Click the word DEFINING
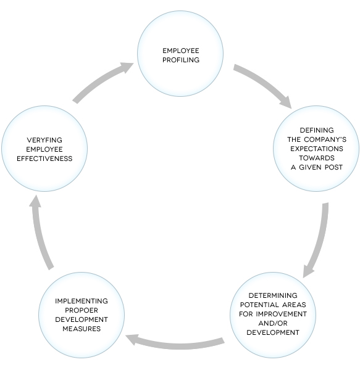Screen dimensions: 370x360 [316, 130]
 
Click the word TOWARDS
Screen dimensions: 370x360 [316, 158]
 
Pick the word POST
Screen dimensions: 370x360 [329, 167]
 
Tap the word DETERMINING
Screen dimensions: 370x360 [272, 295]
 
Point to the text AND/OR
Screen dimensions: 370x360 [272, 323]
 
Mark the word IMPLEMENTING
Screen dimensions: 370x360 [82, 301]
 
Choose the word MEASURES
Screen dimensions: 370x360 [82, 329]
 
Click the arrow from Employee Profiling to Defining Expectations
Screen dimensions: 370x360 [262, 84]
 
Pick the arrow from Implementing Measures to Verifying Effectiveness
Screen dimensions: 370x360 [41, 231]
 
